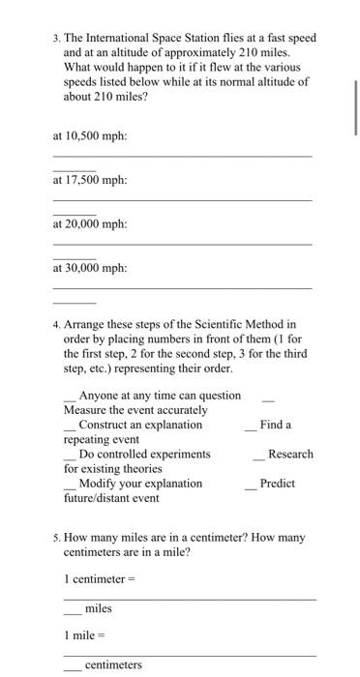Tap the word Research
click(x=289, y=454)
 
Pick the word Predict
click(x=278, y=483)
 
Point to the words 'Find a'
click(x=276, y=425)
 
